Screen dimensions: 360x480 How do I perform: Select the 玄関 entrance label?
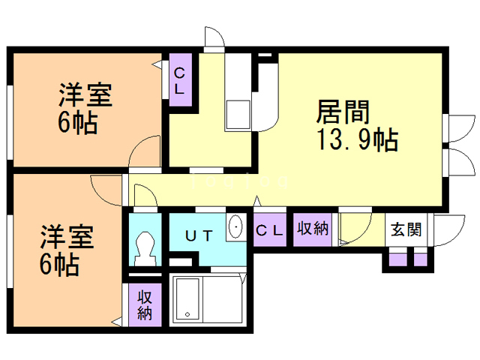click(x=406, y=229)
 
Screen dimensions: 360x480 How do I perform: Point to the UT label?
click(x=199, y=235)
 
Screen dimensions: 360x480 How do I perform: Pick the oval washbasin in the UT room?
click(x=235, y=226)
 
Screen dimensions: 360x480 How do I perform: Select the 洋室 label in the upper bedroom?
click(x=85, y=97)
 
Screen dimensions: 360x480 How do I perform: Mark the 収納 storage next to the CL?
click(x=312, y=228)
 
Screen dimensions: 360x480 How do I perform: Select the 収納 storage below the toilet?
click(x=145, y=304)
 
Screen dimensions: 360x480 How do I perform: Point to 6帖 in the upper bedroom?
click(x=77, y=123)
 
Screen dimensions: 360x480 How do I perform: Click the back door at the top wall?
click(x=213, y=38)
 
